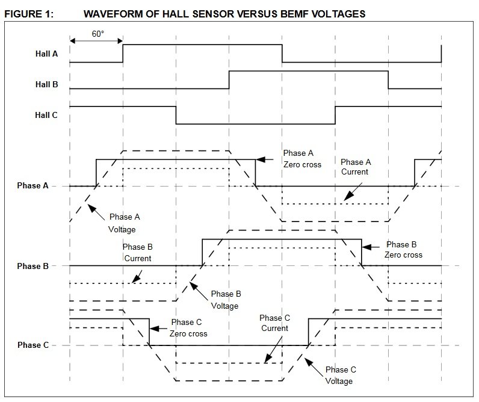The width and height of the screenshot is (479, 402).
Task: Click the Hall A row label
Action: (x=46, y=53)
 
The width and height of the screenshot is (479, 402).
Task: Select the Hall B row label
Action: (x=46, y=85)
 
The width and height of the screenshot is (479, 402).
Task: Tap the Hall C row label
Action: (x=46, y=114)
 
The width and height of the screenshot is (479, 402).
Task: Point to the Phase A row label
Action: (x=32, y=186)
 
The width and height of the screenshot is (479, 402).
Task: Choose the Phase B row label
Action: (x=32, y=266)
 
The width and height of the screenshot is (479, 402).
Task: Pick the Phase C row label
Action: (x=32, y=345)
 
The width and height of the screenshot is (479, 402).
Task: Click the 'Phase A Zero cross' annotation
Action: (x=301, y=158)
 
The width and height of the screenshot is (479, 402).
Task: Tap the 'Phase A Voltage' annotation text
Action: (x=122, y=223)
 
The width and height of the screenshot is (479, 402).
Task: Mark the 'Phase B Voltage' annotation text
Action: (x=226, y=300)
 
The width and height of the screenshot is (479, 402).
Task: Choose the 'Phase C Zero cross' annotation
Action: (x=188, y=328)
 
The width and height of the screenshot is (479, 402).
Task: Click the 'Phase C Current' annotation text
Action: (x=274, y=323)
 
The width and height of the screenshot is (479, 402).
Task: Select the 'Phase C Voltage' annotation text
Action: (x=340, y=376)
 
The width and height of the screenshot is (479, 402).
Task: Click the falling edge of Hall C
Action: (x=176, y=115)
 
